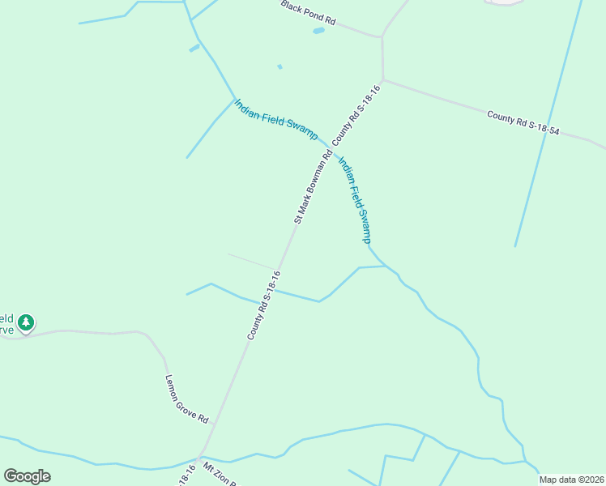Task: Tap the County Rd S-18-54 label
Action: click(x=523, y=122)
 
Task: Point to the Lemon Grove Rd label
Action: click(x=187, y=399)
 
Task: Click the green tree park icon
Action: click(x=26, y=323)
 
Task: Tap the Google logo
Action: click(x=27, y=476)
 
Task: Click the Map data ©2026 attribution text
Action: click(x=571, y=480)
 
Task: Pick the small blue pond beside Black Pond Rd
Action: click(x=318, y=31)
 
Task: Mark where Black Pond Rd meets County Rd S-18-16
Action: click(x=381, y=36)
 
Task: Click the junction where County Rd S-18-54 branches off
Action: click(x=383, y=79)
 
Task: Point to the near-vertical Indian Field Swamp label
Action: click(x=354, y=198)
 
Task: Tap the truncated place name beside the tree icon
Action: click(x=7, y=323)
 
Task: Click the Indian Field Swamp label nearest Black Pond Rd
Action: click(x=275, y=119)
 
